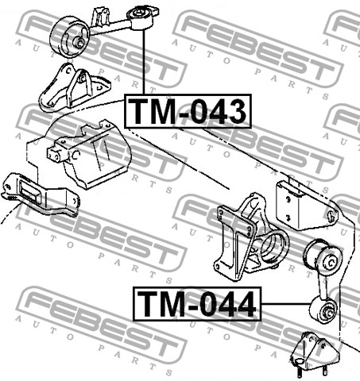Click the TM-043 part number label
188,111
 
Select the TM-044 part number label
197,304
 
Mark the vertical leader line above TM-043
144,62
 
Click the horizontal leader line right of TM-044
285,304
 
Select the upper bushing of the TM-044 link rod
323,256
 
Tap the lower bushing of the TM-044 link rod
323,310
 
